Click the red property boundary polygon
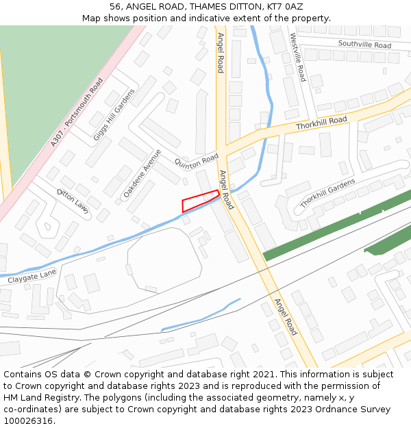click(199, 201)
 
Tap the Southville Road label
click(364, 45)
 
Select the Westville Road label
click(297, 57)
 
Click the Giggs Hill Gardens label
click(114, 114)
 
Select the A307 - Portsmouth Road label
click(77, 112)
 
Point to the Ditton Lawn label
click(73, 201)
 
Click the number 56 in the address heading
click(116, 7)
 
